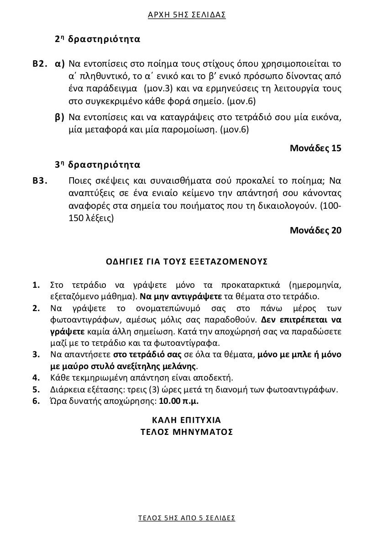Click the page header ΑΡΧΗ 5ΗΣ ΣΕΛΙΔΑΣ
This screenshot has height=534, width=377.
(x=187, y=15)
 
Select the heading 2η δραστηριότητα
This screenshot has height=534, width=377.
(x=97, y=39)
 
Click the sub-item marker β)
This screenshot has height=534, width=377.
(x=59, y=117)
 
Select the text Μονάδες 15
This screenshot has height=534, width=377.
(x=315, y=148)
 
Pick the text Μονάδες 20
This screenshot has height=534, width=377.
(x=315, y=230)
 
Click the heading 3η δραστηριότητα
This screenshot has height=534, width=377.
(x=97, y=164)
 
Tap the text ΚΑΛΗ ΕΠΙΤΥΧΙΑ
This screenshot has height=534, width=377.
(x=187, y=419)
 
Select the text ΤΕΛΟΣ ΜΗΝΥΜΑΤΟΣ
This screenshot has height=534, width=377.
(x=187, y=432)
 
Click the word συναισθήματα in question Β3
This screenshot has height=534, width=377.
(x=178, y=180)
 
